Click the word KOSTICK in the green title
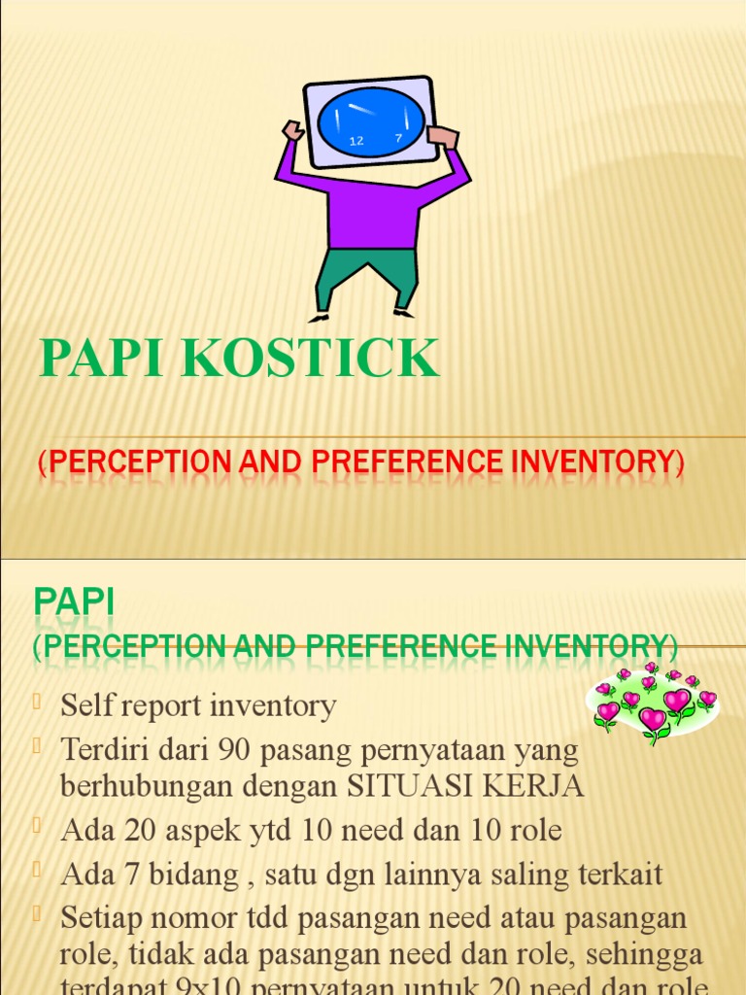point(310,359)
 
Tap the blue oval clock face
point(370,121)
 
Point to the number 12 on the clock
point(356,141)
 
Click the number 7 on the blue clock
point(398,138)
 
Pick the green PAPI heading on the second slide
point(74,602)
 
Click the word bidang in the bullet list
point(184,875)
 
